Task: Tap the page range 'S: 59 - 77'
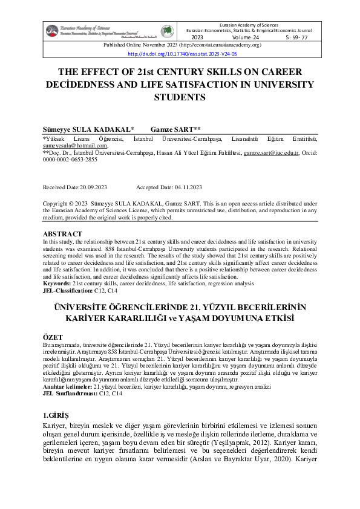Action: click(x=297, y=37)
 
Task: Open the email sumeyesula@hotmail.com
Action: click(x=75, y=146)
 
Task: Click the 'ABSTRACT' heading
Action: click(x=62, y=233)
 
